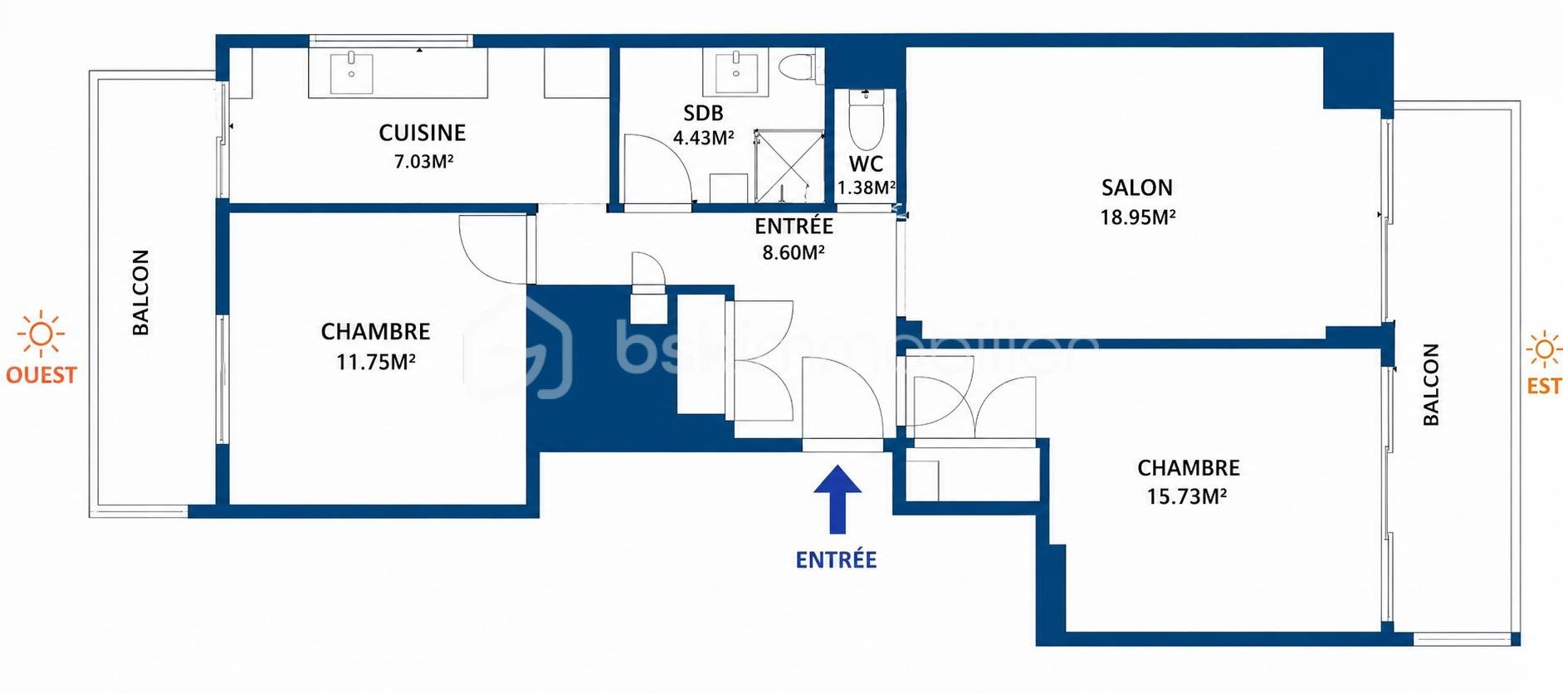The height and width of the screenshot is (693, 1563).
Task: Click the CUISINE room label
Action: click(422, 133)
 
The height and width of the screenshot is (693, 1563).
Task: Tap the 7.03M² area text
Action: click(423, 161)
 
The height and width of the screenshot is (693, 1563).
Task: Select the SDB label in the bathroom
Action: click(703, 113)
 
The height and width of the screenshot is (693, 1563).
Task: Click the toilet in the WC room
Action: click(867, 119)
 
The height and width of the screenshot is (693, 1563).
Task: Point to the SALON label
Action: click(1136, 188)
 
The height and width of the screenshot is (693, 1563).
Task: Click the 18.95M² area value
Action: click(1137, 217)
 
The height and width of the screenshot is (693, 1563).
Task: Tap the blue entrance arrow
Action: click(837, 498)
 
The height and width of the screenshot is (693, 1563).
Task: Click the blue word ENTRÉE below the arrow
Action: click(836, 559)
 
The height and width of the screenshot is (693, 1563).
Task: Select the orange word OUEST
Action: click(41, 375)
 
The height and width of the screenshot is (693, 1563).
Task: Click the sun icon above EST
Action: click(1544, 349)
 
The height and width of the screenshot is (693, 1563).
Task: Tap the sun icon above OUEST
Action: click(41, 334)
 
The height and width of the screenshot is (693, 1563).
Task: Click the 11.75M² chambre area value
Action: click(375, 362)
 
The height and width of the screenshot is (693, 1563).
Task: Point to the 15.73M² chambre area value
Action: click(1186, 496)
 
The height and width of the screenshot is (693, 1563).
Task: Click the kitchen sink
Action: click(352, 72)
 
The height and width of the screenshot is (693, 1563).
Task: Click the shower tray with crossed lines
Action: click(789, 166)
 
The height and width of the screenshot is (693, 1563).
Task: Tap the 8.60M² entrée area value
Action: click(794, 252)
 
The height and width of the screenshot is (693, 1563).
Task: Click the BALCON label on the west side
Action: click(141, 292)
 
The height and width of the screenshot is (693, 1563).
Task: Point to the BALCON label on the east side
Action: click(1431, 384)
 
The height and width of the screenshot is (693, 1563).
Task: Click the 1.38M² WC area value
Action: click(867, 188)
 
